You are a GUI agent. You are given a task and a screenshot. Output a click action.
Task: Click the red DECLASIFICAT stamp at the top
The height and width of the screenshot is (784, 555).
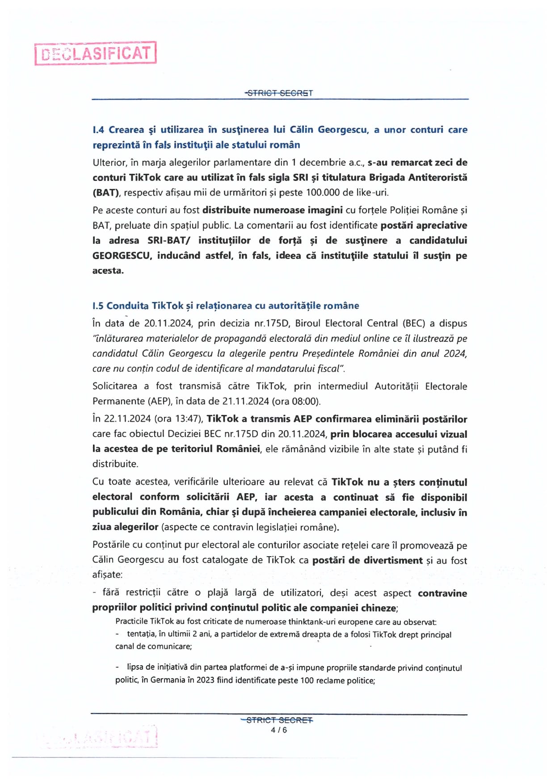click(96, 54)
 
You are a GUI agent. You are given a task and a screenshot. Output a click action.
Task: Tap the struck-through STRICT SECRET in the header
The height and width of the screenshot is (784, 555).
click(279, 93)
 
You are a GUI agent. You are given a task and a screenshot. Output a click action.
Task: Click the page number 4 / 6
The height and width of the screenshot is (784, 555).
click(279, 730)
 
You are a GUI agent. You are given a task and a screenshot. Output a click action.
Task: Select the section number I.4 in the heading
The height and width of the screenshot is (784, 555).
click(99, 130)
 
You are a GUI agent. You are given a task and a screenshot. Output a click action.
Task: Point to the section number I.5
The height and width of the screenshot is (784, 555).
click(98, 306)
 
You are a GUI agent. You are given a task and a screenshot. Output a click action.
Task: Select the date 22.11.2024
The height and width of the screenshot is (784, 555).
click(127, 419)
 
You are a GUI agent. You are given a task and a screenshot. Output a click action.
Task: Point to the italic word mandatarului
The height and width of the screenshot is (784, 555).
click(280, 369)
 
